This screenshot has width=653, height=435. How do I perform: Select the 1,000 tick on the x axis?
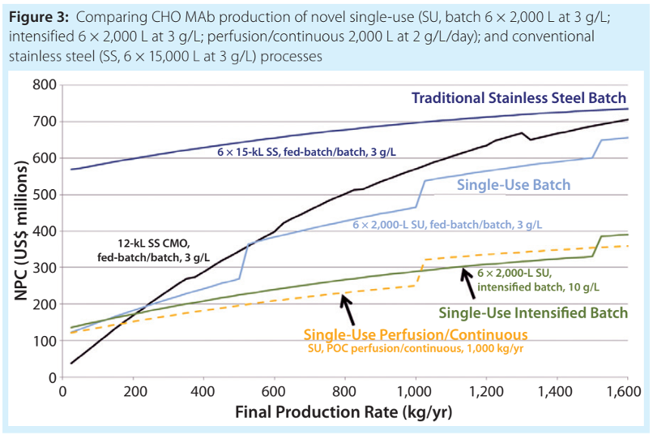pos(415,392)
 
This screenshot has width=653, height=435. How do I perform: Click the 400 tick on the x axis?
pos(203,392)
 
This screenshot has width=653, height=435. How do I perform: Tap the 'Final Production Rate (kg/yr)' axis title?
pos(344,412)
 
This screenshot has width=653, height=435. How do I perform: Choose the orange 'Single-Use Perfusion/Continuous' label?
pos(416,334)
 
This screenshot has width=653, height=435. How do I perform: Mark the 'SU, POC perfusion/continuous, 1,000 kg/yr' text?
pos(416,350)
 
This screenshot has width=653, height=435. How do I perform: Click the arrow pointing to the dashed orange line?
pos(349,308)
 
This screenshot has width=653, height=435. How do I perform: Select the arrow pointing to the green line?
pos(469,281)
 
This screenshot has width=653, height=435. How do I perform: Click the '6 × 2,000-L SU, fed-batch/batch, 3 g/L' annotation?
pos(447,224)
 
